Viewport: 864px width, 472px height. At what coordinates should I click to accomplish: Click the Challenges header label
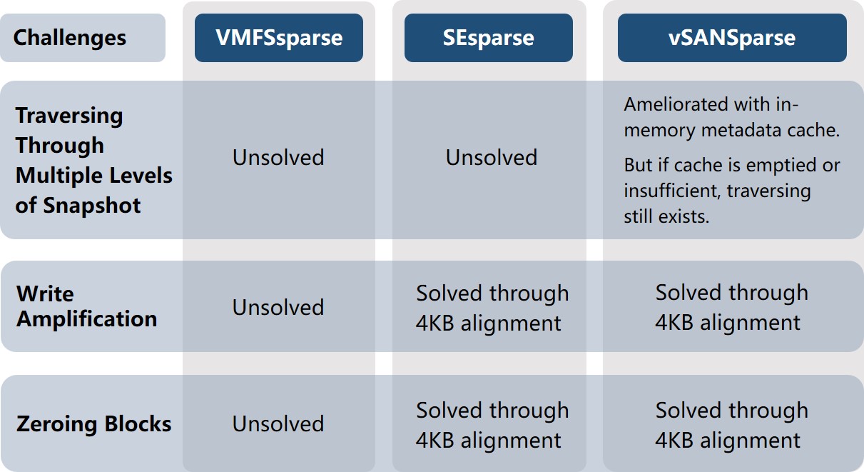pos(70,38)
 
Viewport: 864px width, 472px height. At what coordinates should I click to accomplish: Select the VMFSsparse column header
pos(279,38)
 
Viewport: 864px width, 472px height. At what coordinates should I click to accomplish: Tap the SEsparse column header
pos(488,38)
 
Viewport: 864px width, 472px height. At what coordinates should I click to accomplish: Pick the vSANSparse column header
pos(732,38)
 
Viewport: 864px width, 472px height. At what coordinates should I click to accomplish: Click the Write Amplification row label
pos(87,306)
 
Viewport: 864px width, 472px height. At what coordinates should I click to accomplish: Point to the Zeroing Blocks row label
pos(93,423)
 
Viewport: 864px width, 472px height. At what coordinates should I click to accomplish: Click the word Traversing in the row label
pos(69,116)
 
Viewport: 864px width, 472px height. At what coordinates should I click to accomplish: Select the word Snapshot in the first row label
pos(92,206)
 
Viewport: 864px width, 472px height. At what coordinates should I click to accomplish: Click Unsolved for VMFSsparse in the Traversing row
pos(278,158)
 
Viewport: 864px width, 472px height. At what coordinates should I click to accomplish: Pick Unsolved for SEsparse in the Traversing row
pos(492,158)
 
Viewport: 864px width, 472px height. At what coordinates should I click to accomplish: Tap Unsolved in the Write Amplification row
pos(278,308)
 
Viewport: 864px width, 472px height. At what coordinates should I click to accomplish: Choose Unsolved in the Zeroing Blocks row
pos(278,423)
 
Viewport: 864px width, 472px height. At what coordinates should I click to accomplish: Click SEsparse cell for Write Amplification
pos(492,308)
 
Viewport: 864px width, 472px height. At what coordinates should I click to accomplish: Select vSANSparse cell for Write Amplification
pos(732,307)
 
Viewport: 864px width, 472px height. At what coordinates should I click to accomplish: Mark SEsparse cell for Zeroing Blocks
pos(492,426)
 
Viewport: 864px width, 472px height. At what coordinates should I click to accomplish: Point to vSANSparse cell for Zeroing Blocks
pos(732,425)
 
